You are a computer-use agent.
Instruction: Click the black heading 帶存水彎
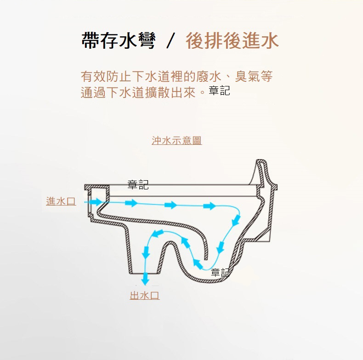pyautogui.click(x=118, y=40)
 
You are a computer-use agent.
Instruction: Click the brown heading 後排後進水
pyautogui.click(x=232, y=40)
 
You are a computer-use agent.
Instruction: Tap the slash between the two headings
pyautogui.click(x=170, y=41)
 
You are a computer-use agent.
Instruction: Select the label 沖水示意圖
pyautogui.click(x=176, y=141)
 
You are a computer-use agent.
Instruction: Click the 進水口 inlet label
pyautogui.click(x=61, y=201)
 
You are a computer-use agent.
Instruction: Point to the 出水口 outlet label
pyautogui.click(x=145, y=295)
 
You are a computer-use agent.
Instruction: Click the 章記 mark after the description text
pyautogui.click(x=219, y=91)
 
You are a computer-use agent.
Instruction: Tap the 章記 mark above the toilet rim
pyautogui.click(x=138, y=185)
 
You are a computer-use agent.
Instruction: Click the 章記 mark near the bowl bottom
pyautogui.click(x=221, y=273)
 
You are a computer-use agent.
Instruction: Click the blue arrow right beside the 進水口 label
pyautogui.click(x=95, y=202)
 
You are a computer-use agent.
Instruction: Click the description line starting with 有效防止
pyautogui.click(x=176, y=76)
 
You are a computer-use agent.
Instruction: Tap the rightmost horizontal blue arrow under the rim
pyautogui.click(x=210, y=206)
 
